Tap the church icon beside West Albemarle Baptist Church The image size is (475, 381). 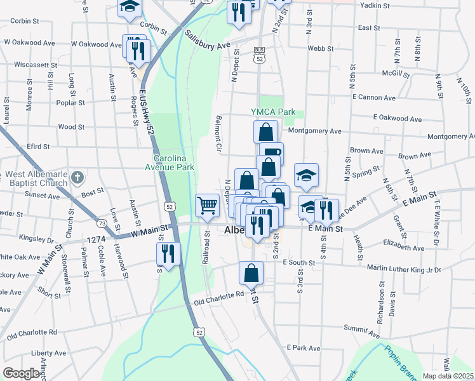coord(76,177)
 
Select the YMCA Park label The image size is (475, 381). coord(273,112)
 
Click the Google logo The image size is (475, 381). coord(22,373)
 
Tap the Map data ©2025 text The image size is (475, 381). coord(447,376)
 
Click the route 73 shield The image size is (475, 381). coord(102,223)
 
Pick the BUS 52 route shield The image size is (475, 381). coord(258,54)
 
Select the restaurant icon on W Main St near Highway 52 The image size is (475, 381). coord(168,253)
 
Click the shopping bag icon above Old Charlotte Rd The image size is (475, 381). coord(251,273)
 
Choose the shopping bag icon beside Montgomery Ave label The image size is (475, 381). coord(266,132)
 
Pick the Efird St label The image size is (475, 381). coord(39,147)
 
